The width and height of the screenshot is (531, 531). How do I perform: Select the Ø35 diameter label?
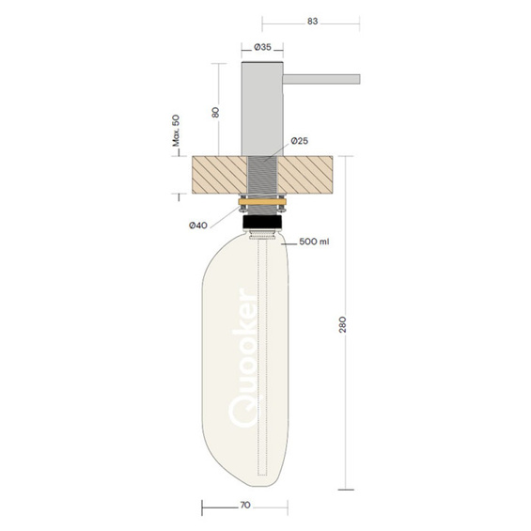click(x=262, y=46)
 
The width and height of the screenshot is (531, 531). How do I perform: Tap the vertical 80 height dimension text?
click(x=215, y=112)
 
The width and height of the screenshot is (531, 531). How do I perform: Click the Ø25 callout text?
click(x=300, y=140)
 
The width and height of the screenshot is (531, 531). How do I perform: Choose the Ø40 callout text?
click(x=197, y=225)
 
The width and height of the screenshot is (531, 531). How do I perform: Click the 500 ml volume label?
click(x=314, y=242)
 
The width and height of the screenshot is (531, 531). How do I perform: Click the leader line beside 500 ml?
click(x=289, y=241)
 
